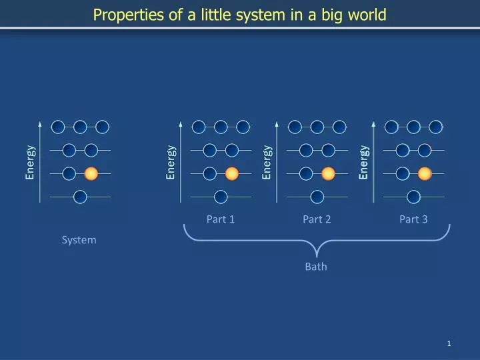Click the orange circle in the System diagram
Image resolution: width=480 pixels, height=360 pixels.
(x=91, y=173)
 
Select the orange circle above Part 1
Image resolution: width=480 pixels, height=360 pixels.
(x=232, y=173)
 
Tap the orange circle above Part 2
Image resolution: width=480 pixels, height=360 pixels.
(x=328, y=173)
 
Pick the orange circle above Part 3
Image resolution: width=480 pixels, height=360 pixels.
(x=425, y=173)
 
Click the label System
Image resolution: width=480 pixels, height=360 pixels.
(x=79, y=239)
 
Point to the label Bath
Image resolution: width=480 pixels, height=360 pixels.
(x=316, y=267)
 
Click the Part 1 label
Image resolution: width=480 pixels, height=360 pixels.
(x=221, y=219)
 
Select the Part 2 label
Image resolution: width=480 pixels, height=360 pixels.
(x=317, y=219)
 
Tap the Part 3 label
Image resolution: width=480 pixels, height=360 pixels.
(x=413, y=219)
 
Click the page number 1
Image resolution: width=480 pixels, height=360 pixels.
(x=449, y=343)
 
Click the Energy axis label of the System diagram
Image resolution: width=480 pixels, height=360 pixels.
(x=30, y=163)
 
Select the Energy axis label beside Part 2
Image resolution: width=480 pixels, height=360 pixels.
(x=267, y=163)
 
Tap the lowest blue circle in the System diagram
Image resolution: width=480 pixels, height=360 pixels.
(x=80, y=196)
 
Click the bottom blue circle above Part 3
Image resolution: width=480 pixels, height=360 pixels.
(x=413, y=196)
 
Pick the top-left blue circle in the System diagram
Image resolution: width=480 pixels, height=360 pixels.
(x=58, y=127)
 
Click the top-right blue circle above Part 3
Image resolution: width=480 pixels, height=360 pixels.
(x=435, y=127)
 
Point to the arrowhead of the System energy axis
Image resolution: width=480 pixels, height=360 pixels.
(x=41, y=124)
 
